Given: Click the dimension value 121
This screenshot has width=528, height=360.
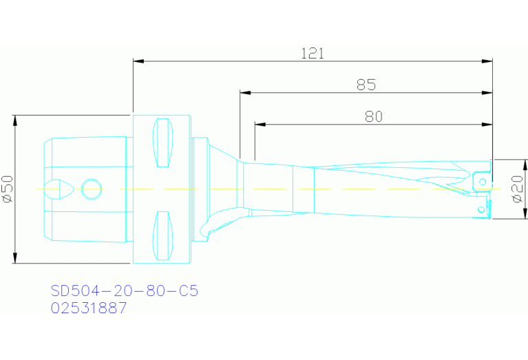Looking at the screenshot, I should pyautogui.click(x=312, y=54).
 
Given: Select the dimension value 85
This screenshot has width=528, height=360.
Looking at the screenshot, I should pyautogui.click(x=366, y=85).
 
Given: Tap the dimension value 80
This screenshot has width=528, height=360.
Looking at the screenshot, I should pyautogui.click(x=373, y=116).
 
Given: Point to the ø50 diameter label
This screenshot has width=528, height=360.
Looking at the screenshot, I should pyautogui.click(x=8, y=189).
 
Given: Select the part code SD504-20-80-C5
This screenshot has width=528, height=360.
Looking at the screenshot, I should pyautogui.click(x=125, y=291).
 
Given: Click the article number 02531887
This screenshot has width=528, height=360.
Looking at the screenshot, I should pyautogui.click(x=89, y=308).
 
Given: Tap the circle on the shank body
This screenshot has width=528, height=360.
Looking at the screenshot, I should pyautogui.click(x=90, y=188).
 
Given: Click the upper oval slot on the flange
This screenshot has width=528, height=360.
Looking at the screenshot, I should pyautogui.click(x=162, y=143).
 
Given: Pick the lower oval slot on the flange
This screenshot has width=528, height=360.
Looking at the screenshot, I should pyautogui.click(x=162, y=235).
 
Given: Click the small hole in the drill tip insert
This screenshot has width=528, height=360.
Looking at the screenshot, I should pyautogui.click(x=483, y=181).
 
